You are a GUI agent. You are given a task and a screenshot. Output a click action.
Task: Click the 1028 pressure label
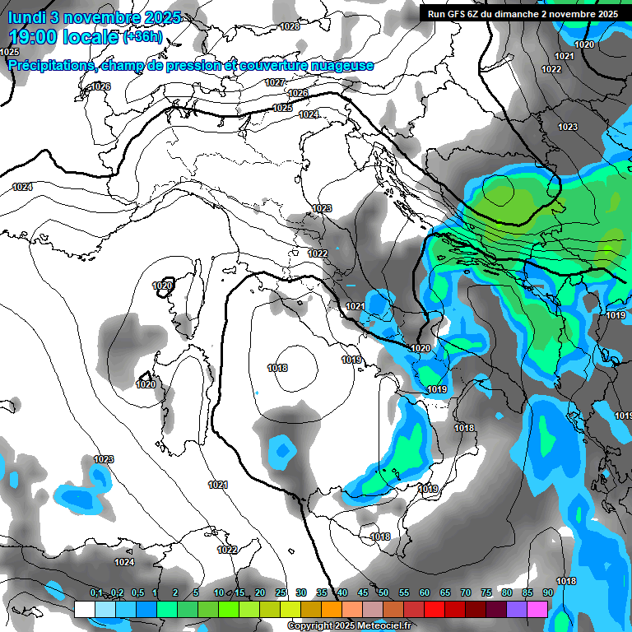[x=290, y=26]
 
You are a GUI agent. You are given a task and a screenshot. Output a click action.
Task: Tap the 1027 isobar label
[x=275, y=82]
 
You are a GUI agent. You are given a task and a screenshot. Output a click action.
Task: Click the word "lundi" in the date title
[x=26, y=17]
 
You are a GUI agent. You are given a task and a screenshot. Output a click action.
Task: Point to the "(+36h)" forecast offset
[x=142, y=38]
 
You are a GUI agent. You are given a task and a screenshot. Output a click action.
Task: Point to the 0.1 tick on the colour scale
[x=95, y=593]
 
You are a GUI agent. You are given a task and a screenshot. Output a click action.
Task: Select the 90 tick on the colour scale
[x=547, y=593]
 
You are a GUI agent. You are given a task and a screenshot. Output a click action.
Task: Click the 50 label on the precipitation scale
[x=383, y=593]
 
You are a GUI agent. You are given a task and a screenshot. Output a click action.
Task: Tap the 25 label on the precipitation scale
[x=281, y=593]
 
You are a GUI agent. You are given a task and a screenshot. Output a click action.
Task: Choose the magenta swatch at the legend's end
[x=537, y=609]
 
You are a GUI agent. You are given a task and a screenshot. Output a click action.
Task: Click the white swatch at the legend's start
[x=84, y=609]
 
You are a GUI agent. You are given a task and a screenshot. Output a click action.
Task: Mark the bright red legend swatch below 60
[x=434, y=609]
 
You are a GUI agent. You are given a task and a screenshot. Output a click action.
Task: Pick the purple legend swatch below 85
[x=517, y=609]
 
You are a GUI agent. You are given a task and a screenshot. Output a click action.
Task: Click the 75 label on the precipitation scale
[x=486, y=593]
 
